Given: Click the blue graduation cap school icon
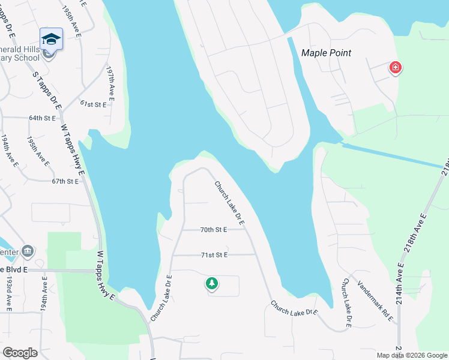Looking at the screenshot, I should [x=52, y=39].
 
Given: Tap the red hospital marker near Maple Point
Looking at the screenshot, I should [x=395, y=67].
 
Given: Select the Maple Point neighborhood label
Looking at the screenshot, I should [x=326, y=53].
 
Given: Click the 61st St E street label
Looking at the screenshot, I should [x=93, y=104].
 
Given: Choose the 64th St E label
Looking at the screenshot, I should [x=42, y=118].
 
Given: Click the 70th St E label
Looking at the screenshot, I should [x=214, y=229].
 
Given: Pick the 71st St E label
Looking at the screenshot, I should [x=214, y=255].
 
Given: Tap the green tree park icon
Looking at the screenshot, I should [x=211, y=283].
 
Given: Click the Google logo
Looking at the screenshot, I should [x=20, y=352].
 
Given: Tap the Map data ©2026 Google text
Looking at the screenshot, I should [x=411, y=355].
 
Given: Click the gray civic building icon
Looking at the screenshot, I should [x=28, y=250].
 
